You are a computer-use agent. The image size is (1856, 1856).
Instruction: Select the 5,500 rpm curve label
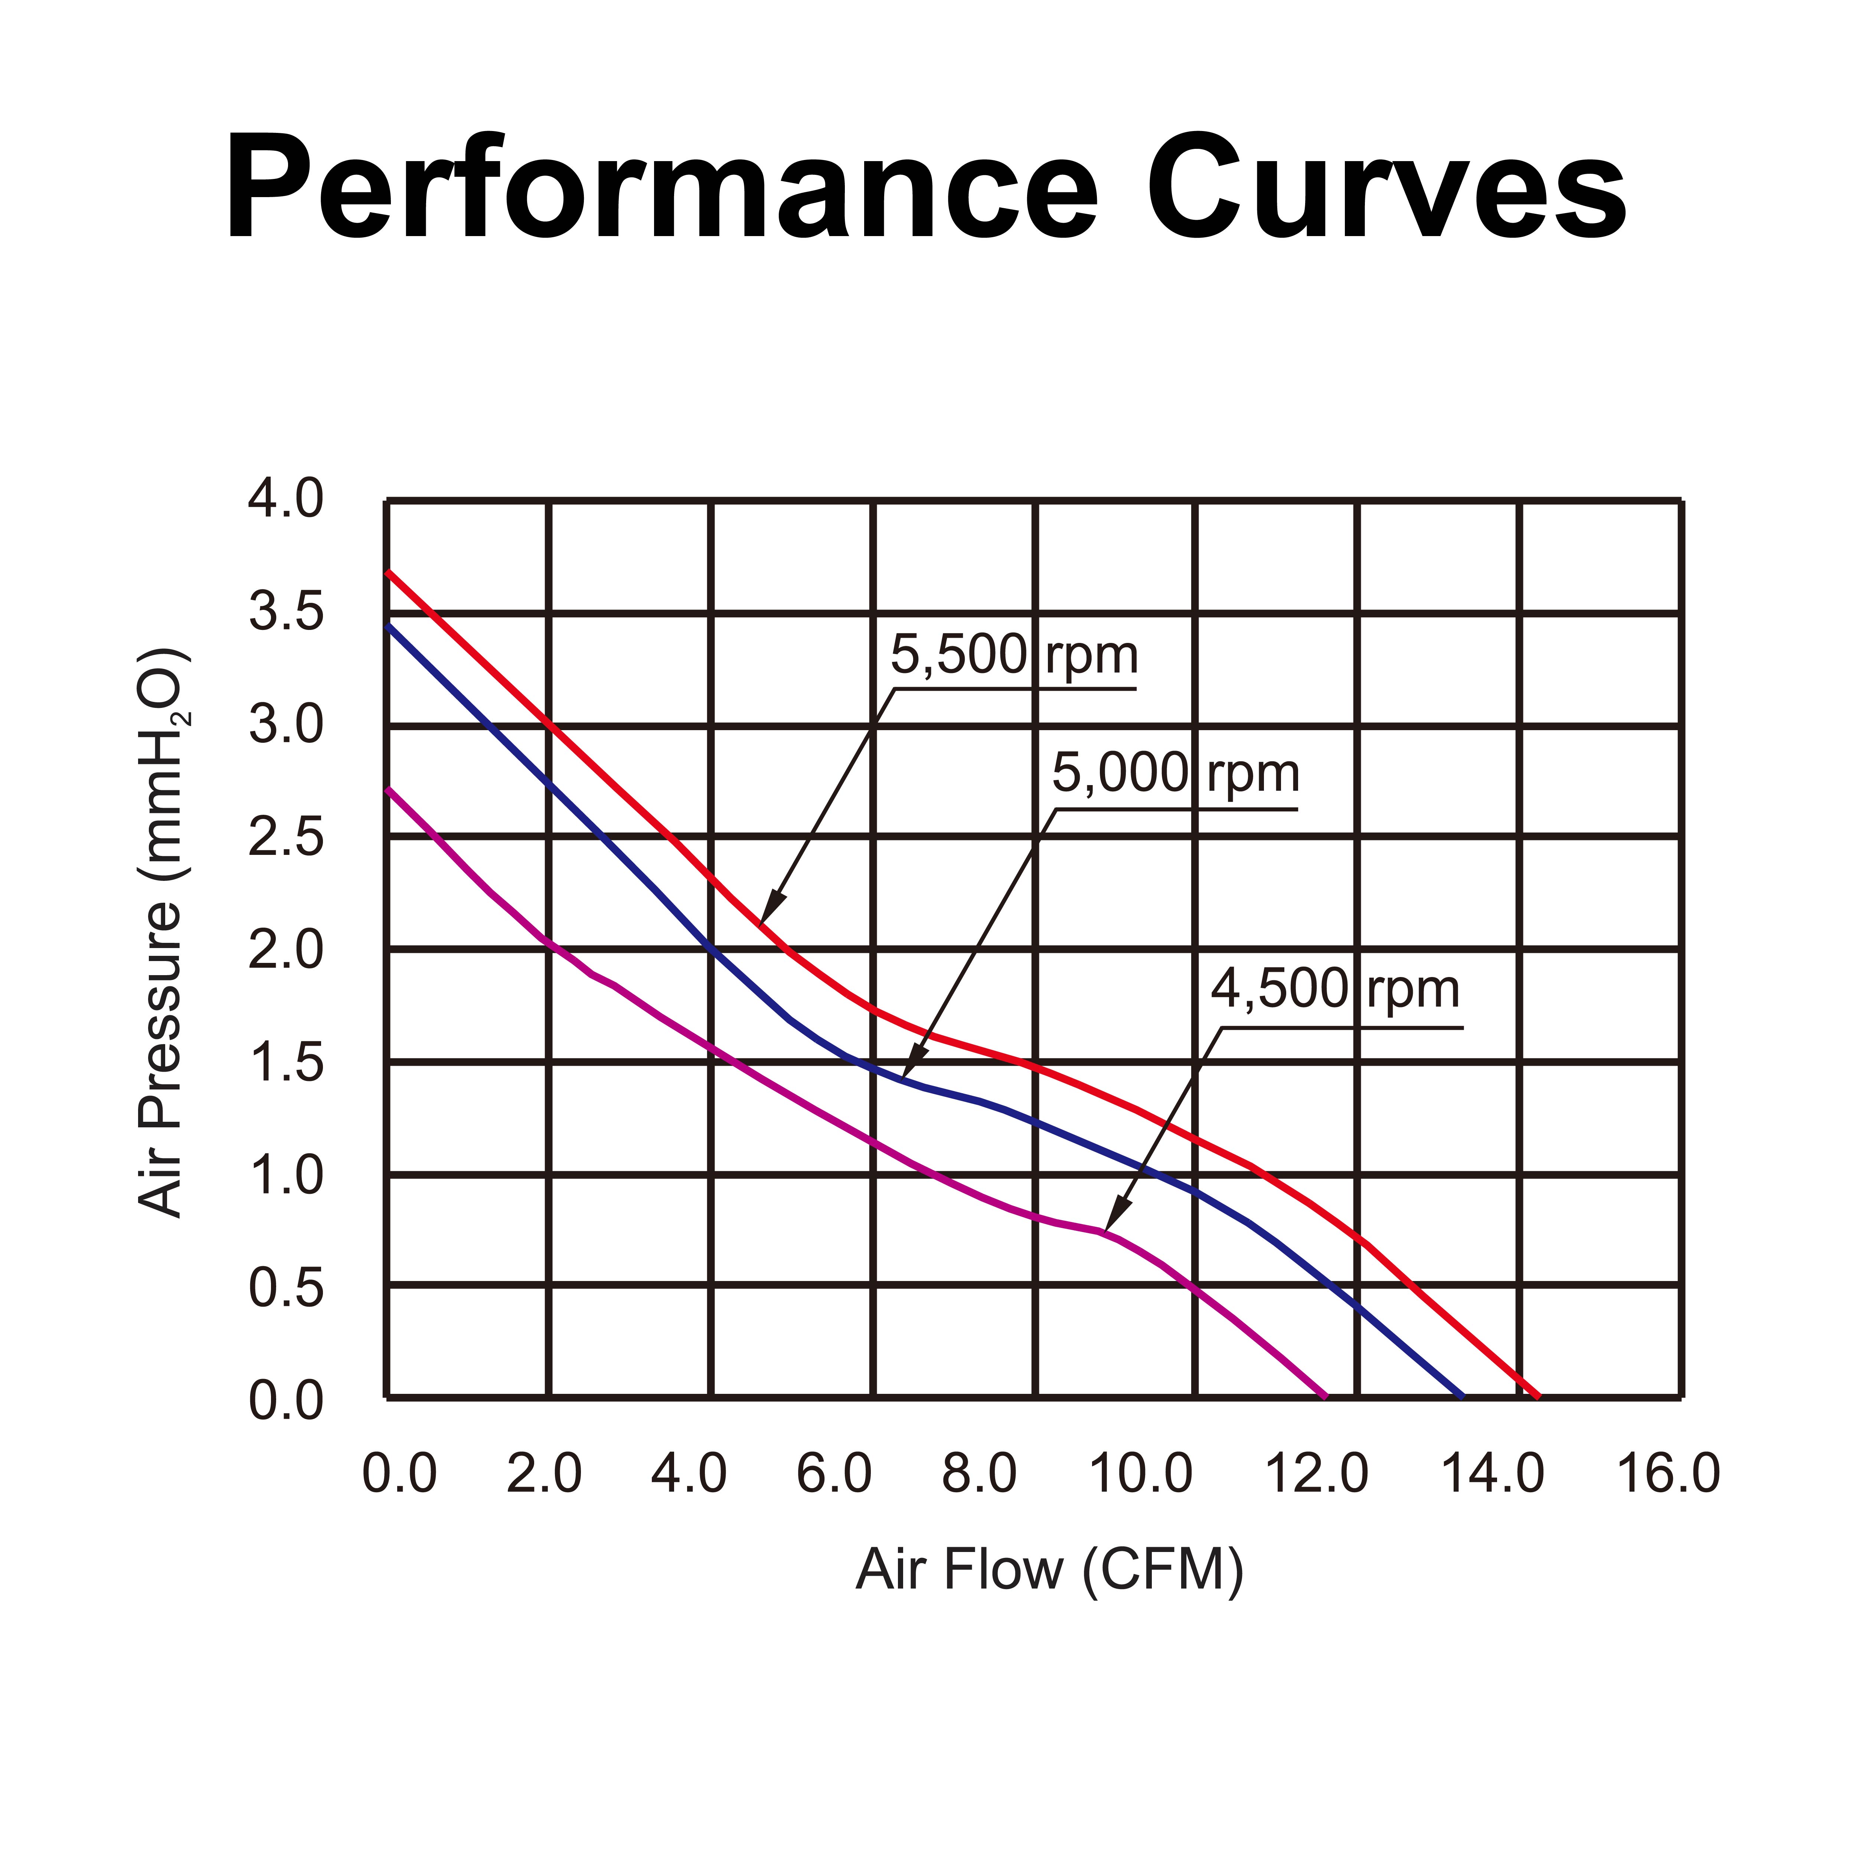point(1013,655)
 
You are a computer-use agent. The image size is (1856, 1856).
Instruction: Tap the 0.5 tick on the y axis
point(286,1288)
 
